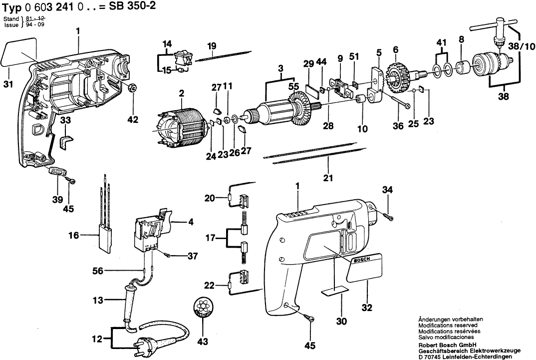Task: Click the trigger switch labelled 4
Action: tap(152, 230)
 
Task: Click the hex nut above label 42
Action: tap(133, 89)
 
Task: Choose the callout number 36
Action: tap(398, 126)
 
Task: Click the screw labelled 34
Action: tap(388, 216)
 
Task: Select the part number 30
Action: tap(341, 322)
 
